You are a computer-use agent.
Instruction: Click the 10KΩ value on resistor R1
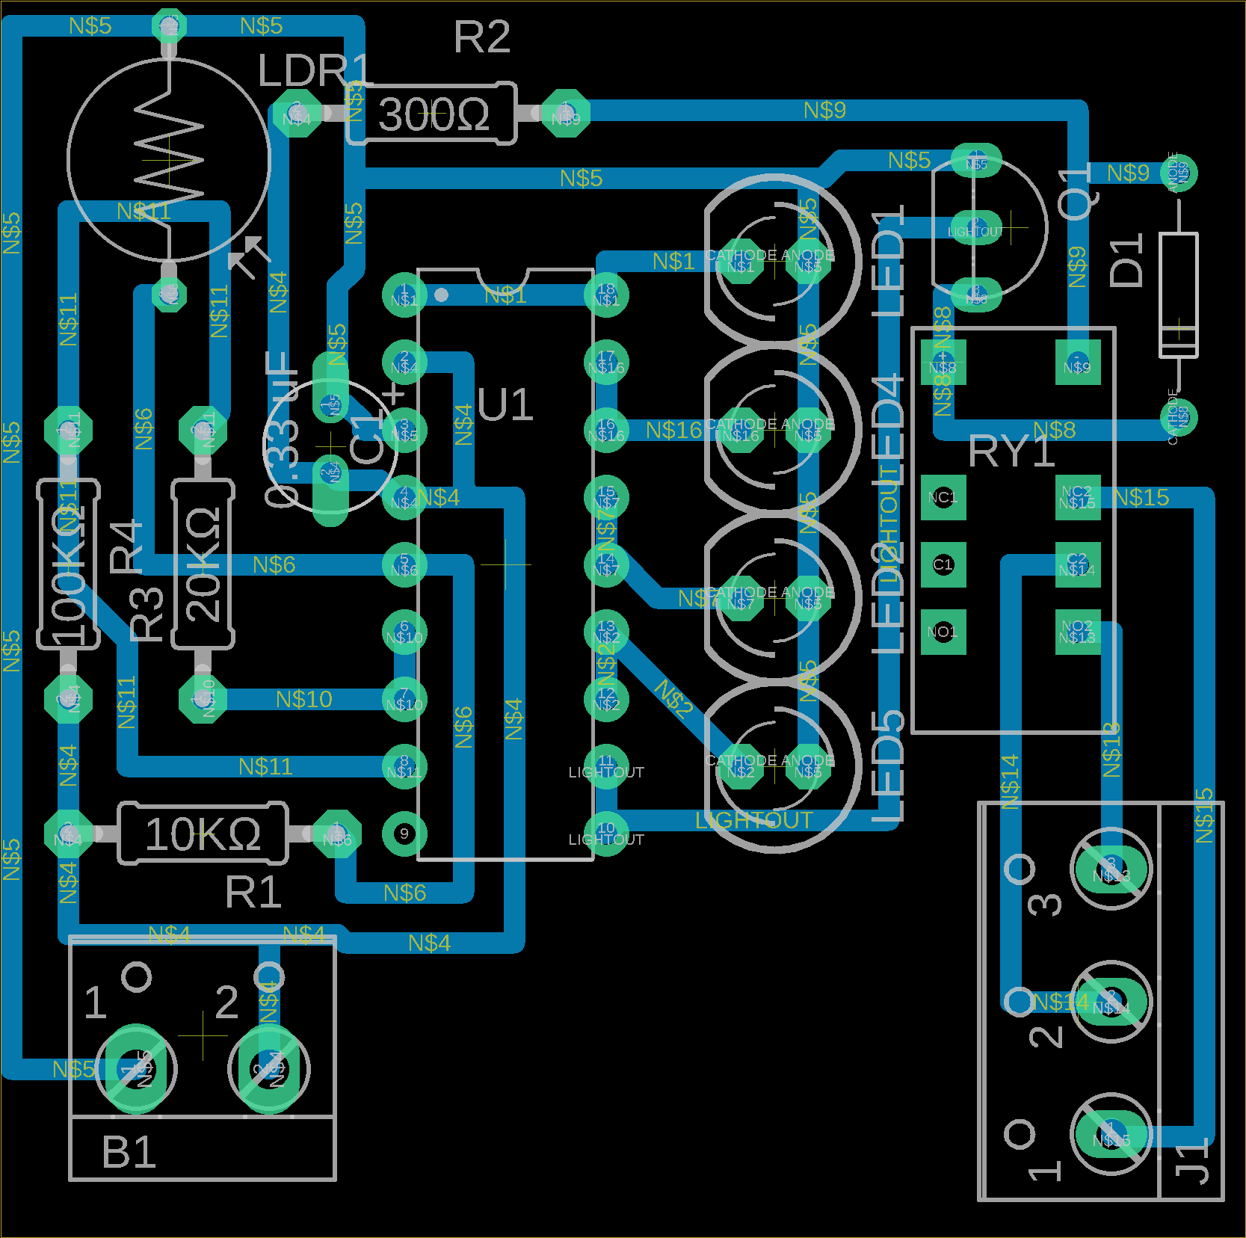point(203,834)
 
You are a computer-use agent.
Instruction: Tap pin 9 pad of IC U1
point(404,834)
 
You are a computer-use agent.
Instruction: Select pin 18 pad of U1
point(606,295)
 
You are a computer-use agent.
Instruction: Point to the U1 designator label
point(505,405)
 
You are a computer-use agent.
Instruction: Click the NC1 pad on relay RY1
point(943,497)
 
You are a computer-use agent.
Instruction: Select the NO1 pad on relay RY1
point(943,632)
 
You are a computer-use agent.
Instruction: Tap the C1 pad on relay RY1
point(943,564)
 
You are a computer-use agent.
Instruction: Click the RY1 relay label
point(1011,452)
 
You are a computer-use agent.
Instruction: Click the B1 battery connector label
point(129,1152)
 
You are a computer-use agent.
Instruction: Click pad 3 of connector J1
point(1111,869)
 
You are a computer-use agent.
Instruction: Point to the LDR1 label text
point(314,71)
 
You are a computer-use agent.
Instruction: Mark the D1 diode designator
point(1127,260)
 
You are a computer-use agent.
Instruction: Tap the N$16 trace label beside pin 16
point(673,430)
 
